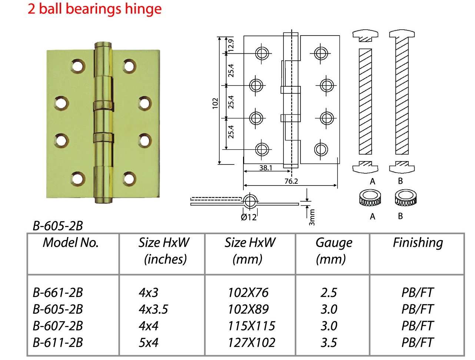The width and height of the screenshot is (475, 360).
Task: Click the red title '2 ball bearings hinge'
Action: click(94, 9)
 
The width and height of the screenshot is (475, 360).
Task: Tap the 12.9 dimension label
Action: click(231, 45)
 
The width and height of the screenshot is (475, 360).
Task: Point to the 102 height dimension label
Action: click(215, 104)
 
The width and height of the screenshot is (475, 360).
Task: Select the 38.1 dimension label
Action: click(266, 168)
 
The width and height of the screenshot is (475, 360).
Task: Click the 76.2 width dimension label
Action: click(291, 181)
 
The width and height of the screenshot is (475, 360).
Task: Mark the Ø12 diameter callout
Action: click(249, 217)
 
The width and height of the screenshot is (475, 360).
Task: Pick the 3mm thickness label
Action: click(312, 217)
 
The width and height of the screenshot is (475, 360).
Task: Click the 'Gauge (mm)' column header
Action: click(333, 251)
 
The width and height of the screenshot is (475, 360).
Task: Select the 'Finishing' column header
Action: click(418, 243)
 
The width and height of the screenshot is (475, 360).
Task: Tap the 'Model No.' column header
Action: click(70, 243)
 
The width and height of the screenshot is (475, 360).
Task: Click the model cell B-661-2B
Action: click(57, 293)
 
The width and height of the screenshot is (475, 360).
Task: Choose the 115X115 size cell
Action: click(252, 326)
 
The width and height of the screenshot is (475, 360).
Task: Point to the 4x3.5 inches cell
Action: click(153, 309)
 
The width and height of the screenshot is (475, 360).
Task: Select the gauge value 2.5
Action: click(329, 293)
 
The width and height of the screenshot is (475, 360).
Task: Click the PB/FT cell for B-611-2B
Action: click(418, 343)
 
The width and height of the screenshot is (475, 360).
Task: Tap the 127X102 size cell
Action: click(252, 343)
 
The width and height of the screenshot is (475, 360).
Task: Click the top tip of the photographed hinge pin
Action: click(103, 42)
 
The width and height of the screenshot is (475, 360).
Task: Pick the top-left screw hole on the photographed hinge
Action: click(78, 66)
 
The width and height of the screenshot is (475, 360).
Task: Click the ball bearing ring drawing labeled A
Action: click(370, 198)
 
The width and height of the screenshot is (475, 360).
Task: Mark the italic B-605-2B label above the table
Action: click(57, 226)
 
